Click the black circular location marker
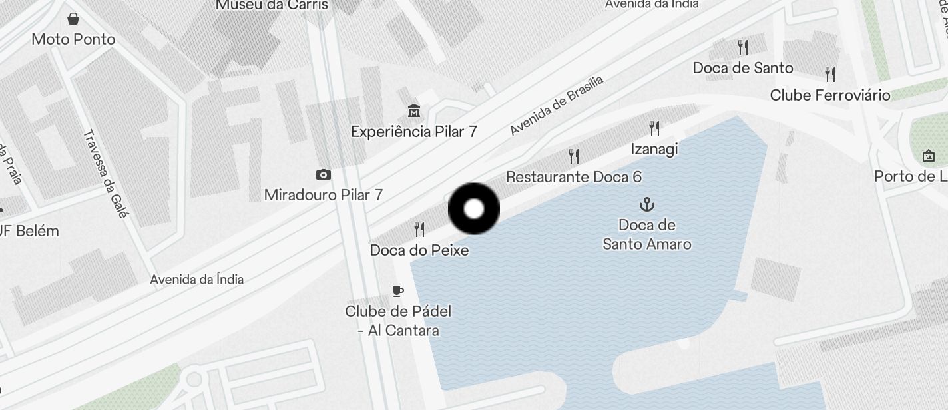pos(474,209)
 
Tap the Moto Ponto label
pos(73,39)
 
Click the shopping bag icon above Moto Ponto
pos(73,19)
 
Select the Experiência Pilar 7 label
pos(414,131)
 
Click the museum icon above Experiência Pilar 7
pos(414,110)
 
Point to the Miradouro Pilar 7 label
pos(324,195)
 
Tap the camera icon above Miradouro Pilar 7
pos(324,174)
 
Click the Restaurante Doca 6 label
pos(574,177)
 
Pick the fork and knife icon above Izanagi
pos(654,128)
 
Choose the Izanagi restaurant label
pos(654,149)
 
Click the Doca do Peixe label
pos(419,250)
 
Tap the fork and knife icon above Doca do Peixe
pos(419,230)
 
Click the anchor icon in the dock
pos(646,204)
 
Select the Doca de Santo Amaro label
pos(646,234)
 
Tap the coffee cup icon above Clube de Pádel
pos(398,291)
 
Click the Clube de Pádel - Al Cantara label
pos(398,321)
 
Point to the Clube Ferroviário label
pos(830,95)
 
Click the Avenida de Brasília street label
pos(557,105)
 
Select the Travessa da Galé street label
pos(105,174)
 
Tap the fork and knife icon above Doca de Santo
pos(743,47)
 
